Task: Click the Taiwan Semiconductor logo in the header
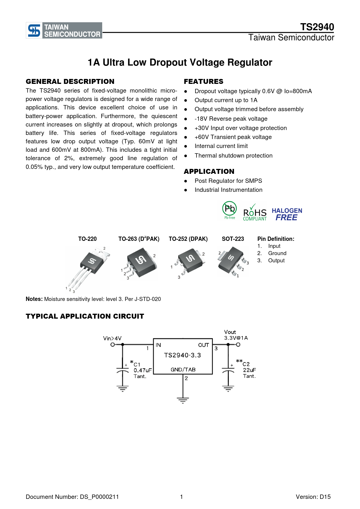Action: coord(64,30)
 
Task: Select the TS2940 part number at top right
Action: coord(317,27)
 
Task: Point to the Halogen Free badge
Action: coord(287,214)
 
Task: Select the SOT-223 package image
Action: coord(232,261)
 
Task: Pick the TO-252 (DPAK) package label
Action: coord(188,239)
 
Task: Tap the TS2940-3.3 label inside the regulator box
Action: coord(182,355)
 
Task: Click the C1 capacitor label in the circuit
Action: coord(137,364)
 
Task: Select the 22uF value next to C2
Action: coord(249,370)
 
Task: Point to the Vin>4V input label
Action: coord(112,338)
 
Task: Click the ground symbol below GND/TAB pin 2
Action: coord(183,400)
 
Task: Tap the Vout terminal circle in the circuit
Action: coord(238,345)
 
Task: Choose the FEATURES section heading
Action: coord(204,82)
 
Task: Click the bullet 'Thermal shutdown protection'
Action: coord(233,156)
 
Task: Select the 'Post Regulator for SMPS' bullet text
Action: coord(228,181)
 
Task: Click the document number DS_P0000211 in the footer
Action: coord(72,497)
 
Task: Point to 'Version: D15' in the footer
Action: coord(313,497)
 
